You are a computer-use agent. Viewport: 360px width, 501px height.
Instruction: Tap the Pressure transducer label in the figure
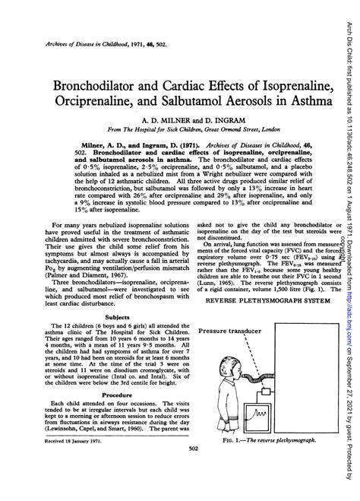[x=232, y=332]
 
